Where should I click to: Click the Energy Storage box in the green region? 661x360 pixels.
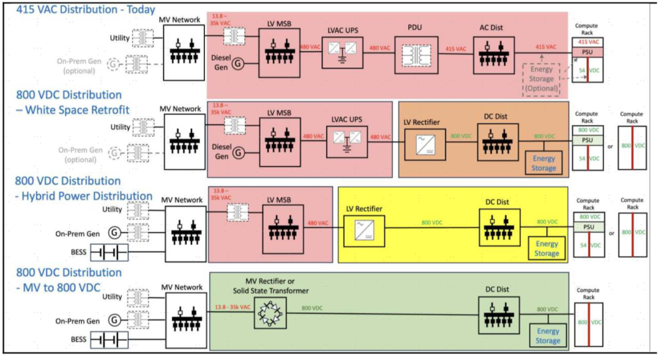click(x=547, y=336)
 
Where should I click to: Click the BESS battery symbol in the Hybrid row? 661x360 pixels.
click(x=108, y=252)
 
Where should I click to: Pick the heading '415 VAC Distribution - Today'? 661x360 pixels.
click(x=80, y=9)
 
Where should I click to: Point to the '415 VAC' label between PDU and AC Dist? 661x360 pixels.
click(x=455, y=48)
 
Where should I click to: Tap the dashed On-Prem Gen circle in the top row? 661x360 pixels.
click(x=113, y=64)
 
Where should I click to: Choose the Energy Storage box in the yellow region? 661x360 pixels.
click(x=546, y=249)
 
